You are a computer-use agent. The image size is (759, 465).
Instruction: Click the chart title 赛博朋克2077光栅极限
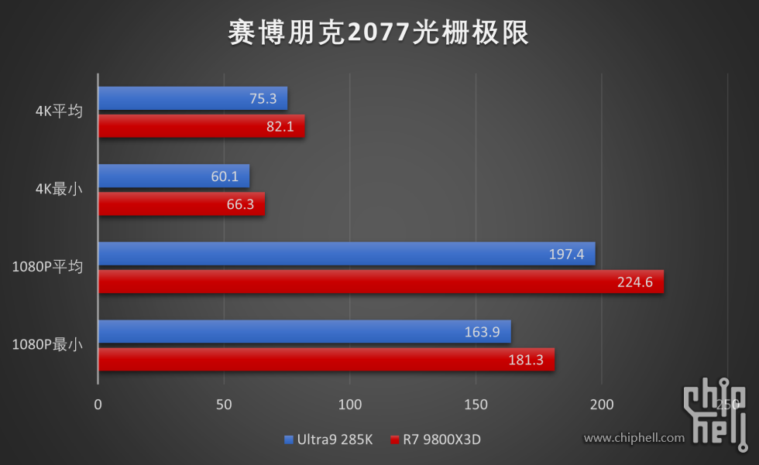click(379, 33)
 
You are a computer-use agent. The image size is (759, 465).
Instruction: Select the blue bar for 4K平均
click(192, 98)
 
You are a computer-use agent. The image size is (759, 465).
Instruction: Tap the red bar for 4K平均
click(201, 126)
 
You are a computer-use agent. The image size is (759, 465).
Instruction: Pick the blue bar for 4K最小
click(173, 176)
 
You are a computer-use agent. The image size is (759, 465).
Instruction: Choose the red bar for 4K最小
click(181, 204)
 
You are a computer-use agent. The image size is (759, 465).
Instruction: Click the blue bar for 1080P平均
click(346, 254)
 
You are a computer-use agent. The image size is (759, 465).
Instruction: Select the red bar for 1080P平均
click(380, 282)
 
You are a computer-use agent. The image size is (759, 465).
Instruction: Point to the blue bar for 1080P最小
click(304, 331)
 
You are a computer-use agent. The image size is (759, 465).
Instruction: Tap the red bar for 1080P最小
click(326, 360)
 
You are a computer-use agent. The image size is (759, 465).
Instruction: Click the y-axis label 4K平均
click(59, 111)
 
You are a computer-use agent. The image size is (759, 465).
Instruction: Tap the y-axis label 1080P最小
click(47, 345)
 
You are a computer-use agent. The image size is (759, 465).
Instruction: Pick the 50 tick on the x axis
click(224, 405)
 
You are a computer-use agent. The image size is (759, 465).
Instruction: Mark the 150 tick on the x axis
click(476, 405)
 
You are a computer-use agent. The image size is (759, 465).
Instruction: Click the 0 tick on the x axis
click(98, 405)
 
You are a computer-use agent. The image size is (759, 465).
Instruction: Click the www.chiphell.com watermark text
click(634, 438)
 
